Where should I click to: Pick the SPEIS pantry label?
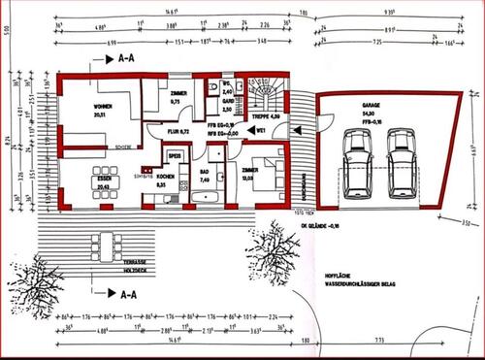[176, 155]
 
